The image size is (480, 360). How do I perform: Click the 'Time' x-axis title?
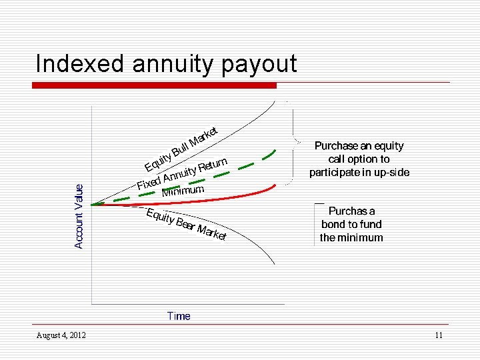coord(179,316)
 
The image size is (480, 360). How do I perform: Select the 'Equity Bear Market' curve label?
coord(187,225)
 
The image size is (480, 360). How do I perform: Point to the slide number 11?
coord(438,335)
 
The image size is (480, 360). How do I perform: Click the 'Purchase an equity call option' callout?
coord(359,159)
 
